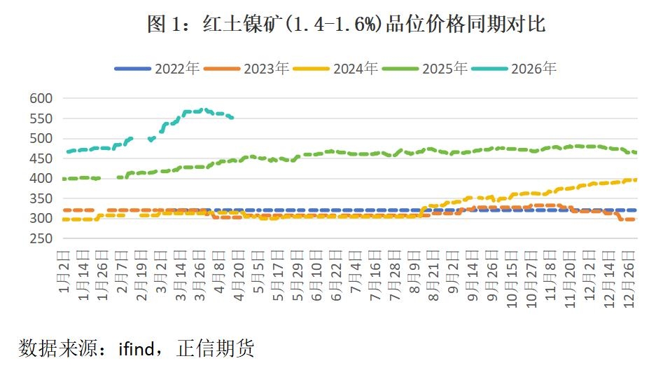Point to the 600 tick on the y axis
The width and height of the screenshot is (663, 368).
(41, 98)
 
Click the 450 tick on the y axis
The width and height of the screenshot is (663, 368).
(41, 158)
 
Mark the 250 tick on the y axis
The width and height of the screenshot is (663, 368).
(41, 238)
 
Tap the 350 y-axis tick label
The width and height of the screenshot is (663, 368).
(41, 198)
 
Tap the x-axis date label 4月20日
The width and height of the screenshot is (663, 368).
(239, 274)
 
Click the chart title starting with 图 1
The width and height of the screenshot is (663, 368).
(346, 25)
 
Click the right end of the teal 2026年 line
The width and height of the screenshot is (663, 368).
(232, 118)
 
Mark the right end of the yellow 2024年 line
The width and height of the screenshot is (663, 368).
(635, 179)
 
